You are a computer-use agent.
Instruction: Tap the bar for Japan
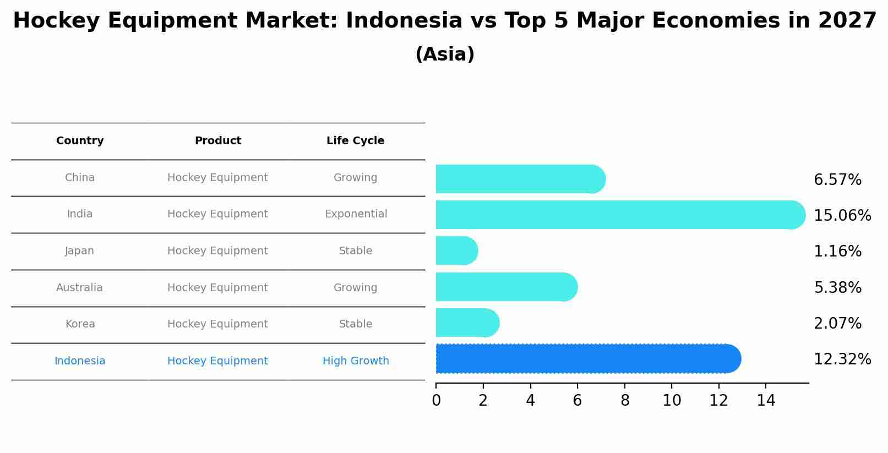coord(456,250)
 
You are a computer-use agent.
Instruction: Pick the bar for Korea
coord(467,323)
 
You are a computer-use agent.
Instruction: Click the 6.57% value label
coord(837,180)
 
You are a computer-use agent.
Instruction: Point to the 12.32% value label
coord(842,359)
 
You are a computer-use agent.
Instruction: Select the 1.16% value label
coord(837,252)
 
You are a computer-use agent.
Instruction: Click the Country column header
coord(80,141)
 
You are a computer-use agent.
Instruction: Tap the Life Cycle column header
coord(355,141)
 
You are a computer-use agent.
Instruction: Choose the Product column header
coord(217,141)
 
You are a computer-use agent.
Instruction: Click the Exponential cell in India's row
coord(356,214)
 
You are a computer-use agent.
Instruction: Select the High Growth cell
coord(356,361)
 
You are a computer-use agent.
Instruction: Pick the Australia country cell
coord(79,288)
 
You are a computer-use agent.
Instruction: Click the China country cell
coord(80,178)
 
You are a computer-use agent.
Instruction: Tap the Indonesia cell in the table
coord(80,361)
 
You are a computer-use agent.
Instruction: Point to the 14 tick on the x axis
coord(766,401)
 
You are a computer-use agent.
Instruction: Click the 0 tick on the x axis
coord(436,401)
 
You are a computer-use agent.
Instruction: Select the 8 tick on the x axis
coord(625,401)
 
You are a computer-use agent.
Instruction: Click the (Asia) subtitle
coord(445,54)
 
